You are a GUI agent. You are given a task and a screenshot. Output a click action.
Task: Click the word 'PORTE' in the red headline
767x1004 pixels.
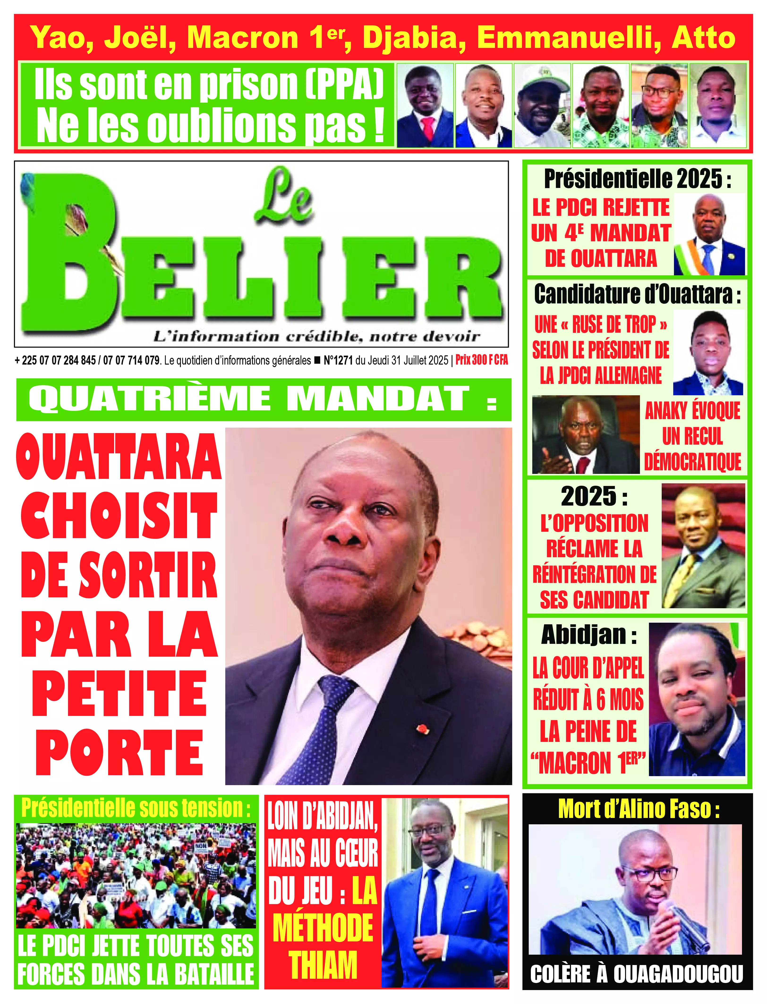120,754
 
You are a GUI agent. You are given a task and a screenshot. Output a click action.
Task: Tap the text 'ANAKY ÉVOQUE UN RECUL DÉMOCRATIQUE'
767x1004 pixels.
692,437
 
